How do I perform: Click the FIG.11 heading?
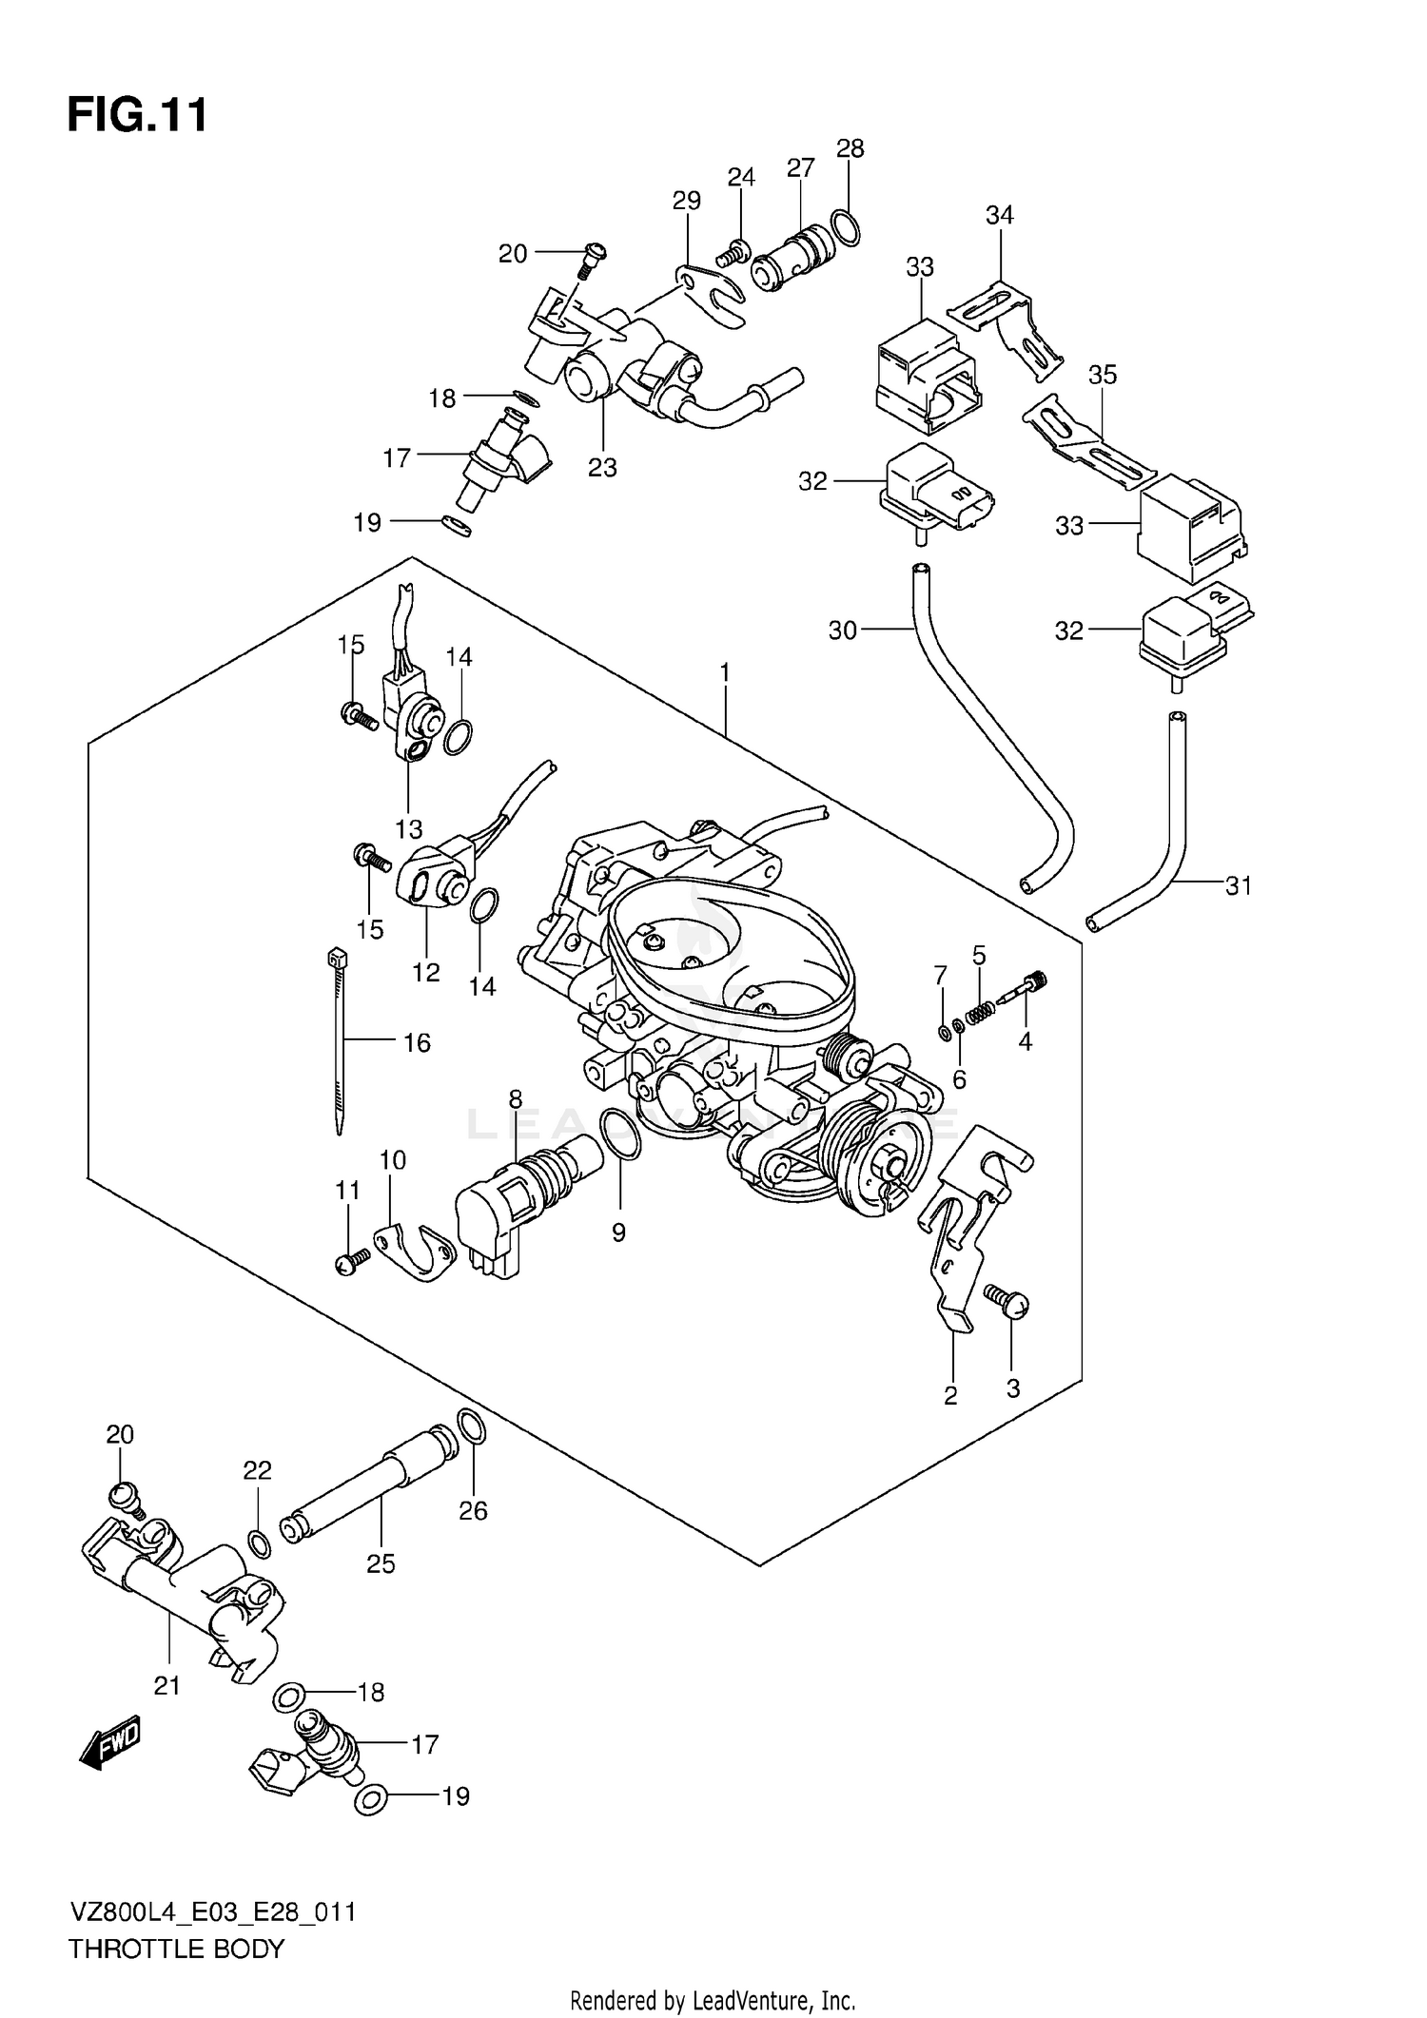tap(137, 116)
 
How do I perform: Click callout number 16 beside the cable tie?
tap(417, 1043)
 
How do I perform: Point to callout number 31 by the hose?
tap(1238, 886)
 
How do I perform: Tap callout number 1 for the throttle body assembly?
tap(725, 673)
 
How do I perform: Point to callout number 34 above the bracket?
tap(1000, 216)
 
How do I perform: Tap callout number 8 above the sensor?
tap(515, 1099)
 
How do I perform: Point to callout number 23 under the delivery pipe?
tap(602, 468)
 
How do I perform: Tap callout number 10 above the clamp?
tap(392, 1160)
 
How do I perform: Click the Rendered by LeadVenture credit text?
tap(713, 2000)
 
